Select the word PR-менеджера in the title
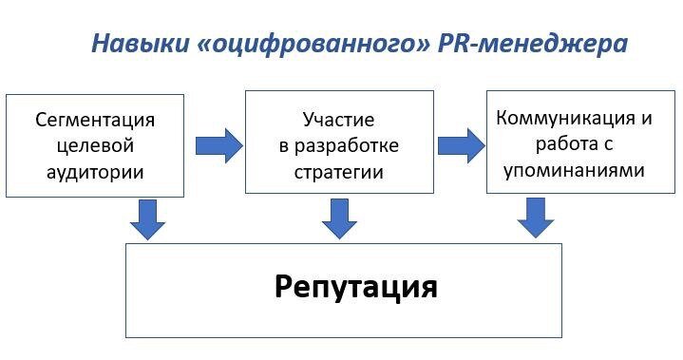(534, 44)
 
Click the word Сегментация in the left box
(95, 121)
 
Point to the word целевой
(95, 146)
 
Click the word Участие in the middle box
(339, 121)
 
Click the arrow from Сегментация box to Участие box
(218, 145)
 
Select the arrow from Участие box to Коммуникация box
(461, 145)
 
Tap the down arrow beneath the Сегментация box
(147, 218)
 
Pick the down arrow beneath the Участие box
(339, 218)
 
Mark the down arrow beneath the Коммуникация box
(536, 218)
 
